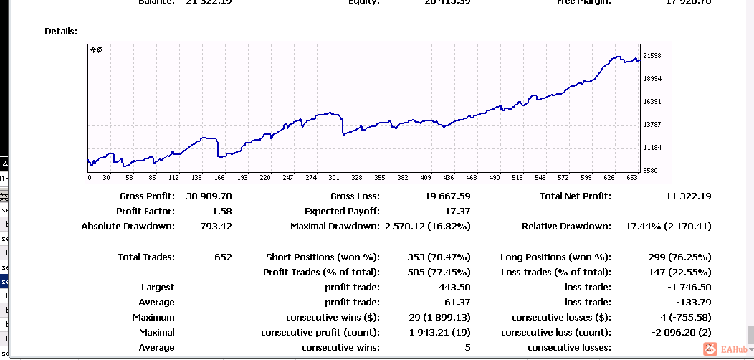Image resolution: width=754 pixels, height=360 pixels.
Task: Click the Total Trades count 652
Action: pos(223,257)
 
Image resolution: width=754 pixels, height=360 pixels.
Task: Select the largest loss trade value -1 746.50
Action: pos(687,288)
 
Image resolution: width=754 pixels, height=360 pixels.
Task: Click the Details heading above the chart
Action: pos(61,32)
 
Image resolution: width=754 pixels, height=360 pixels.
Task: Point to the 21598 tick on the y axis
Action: pos(652,56)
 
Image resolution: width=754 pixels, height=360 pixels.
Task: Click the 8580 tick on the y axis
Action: pos(650,171)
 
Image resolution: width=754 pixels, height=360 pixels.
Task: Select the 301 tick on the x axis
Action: pos(333,178)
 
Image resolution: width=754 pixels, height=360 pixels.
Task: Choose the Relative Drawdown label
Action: pos(566,227)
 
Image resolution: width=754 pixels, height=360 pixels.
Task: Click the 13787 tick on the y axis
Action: pos(652,125)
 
